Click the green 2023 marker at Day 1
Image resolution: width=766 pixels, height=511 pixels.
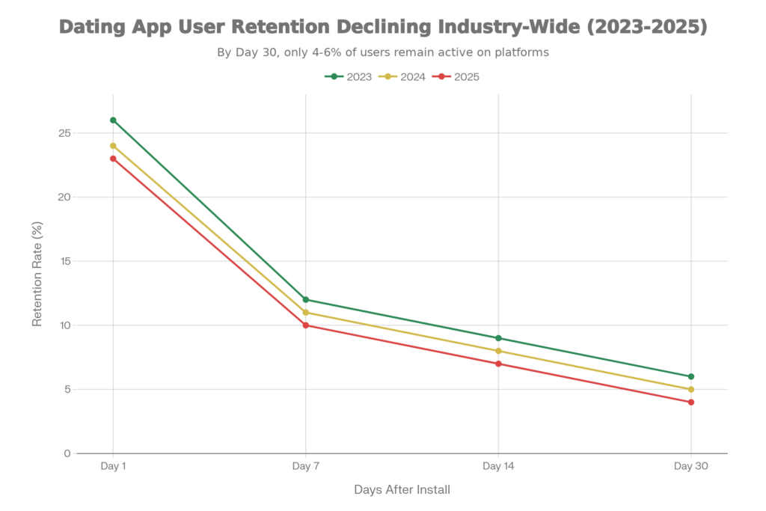[x=113, y=120]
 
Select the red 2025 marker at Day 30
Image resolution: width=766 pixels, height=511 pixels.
[x=690, y=402]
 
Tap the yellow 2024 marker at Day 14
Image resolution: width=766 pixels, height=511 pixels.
[x=498, y=351]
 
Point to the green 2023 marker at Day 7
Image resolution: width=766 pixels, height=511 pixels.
[x=305, y=299]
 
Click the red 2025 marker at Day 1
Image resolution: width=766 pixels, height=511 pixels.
[x=113, y=159]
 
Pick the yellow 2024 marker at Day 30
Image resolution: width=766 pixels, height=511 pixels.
[x=690, y=389]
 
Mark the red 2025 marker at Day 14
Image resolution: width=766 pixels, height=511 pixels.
[x=498, y=364]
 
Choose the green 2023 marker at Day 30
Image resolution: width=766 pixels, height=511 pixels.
[x=690, y=376]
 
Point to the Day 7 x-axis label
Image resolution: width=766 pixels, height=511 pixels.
[x=305, y=466]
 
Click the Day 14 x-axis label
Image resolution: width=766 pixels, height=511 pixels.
[x=498, y=466]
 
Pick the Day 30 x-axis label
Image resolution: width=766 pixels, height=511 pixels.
[x=690, y=466]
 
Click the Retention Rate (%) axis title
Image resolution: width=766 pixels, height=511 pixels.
[x=36, y=274]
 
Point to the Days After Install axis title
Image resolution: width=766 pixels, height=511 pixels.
[x=402, y=490]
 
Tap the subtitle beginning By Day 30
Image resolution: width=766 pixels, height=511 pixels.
[x=383, y=53]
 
